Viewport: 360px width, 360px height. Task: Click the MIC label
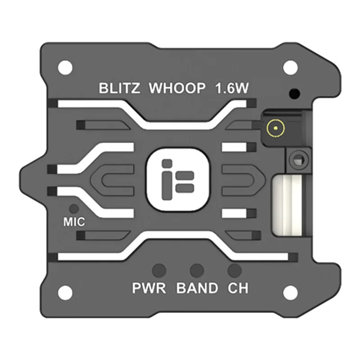pyautogui.click(x=74, y=222)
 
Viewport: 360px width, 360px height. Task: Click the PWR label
pyautogui.click(x=149, y=288)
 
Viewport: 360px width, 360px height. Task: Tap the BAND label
pyautogui.click(x=197, y=288)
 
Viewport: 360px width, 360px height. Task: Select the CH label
pyautogui.click(x=238, y=288)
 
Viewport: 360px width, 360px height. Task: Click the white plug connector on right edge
pyautogui.click(x=289, y=204)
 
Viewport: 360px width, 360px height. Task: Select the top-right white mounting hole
pyautogui.click(x=290, y=67)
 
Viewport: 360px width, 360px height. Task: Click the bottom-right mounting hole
pyautogui.click(x=290, y=292)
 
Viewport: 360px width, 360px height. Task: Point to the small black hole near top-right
pyautogui.click(x=294, y=94)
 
